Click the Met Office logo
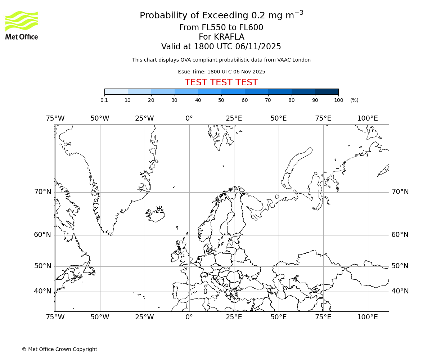pyautogui.click(x=22, y=25)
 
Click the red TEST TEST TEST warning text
pyautogui.click(x=221, y=83)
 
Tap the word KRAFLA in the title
pyautogui.click(x=221, y=37)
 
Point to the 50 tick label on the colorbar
pyautogui.click(x=221, y=100)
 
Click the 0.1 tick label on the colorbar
pyautogui.click(x=104, y=100)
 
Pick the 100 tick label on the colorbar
pyautogui.click(x=338, y=100)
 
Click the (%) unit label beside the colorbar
pyautogui.click(x=354, y=100)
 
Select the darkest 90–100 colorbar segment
pyautogui.click(x=327, y=92)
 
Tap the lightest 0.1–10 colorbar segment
pyautogui.click(x=116, y=92)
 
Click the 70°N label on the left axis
pyautogui.click(x=43, y=192)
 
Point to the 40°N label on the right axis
pyautogui.click(x=400, y=291)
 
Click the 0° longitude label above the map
pyautogui.click(x=189, y=118)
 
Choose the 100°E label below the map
pyautogui.click(x=368, y=317)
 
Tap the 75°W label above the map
pyautogui.click(x=55, y=118)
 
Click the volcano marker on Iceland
pyautogui.click(x=159, y=210)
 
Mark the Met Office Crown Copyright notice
pyautogui.click(x=59, y=349)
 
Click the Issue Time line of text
pyautogui.click(x=221, y=72)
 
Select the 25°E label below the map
pyautogui.click(x=234, y=317)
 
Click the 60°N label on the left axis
pyautogui.click(x=43, y=235)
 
